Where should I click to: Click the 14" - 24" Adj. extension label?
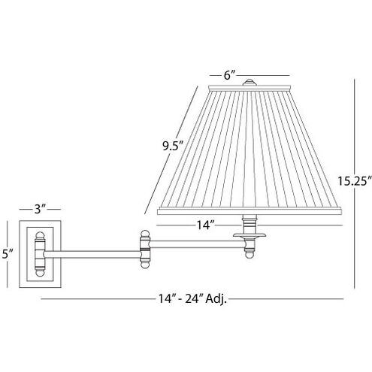tap(194, 299)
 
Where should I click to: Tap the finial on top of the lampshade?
tap(250, 81)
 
